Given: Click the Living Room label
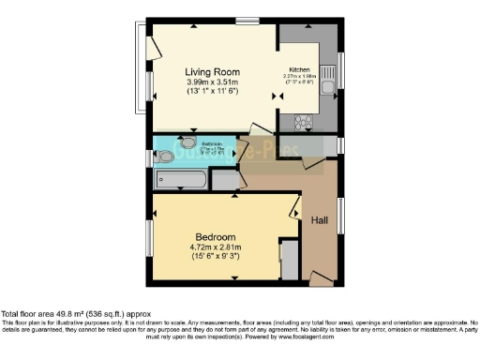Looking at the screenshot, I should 213,71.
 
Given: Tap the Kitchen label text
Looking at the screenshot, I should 299,70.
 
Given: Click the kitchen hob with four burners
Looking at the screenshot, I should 306,121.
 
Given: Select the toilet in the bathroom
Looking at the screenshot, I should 166,157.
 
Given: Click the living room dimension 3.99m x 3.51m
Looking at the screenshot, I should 213,82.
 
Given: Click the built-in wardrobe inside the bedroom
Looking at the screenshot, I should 290,257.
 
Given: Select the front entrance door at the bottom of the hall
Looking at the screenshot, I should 320,277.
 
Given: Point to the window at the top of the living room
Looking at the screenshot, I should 247,21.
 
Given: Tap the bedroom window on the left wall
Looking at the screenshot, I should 149,235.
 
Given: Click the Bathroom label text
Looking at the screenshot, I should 211,144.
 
